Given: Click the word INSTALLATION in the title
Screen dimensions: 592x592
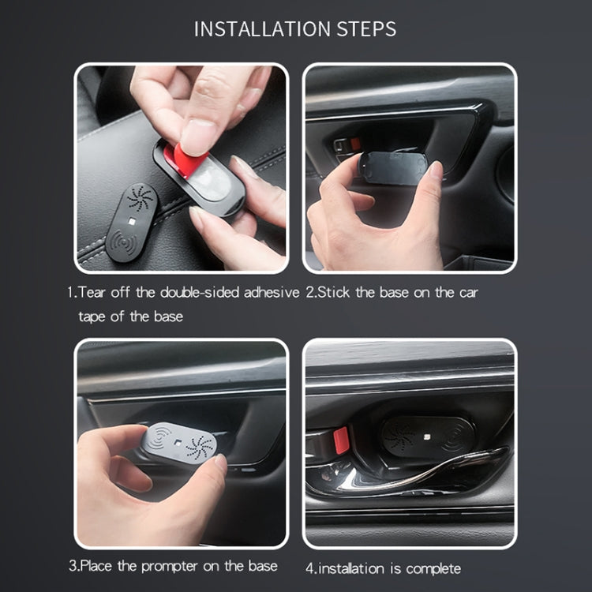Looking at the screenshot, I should [x=260, y=29].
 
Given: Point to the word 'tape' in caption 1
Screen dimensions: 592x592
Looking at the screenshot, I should [x=94, y=316].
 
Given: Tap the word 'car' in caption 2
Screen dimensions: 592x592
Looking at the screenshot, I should [x=466, y=292].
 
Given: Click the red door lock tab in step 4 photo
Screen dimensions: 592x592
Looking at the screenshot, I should [x=341, y=440].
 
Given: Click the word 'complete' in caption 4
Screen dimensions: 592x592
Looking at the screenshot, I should [x=432, y=568].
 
